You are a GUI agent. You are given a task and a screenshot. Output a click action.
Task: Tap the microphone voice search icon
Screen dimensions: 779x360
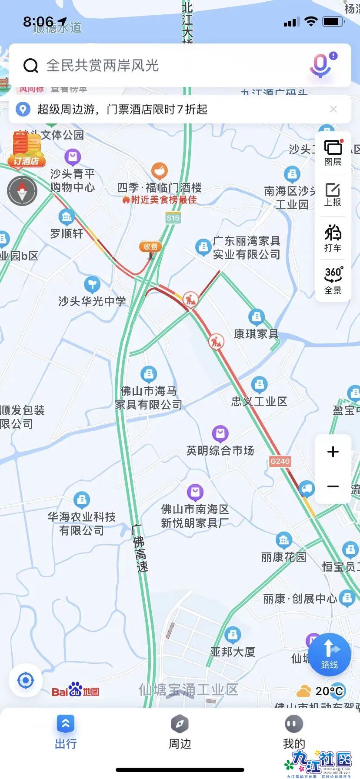coord(321,66)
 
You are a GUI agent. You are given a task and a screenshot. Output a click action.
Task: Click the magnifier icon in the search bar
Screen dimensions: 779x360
coord(31,66)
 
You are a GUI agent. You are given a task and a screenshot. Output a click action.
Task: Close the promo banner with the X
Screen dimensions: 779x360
coord(333,109)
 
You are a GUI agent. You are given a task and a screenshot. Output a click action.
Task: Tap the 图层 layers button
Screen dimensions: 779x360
coord(333,153)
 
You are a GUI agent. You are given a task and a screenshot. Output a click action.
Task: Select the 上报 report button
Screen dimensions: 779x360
coord(333,195)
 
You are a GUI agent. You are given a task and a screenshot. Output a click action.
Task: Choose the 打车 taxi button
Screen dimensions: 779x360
coord(333,238)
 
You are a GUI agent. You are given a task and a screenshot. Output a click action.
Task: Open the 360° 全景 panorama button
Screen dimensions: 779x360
coord(333,280)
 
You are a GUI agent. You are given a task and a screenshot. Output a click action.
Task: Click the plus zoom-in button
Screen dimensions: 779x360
coord(333,452)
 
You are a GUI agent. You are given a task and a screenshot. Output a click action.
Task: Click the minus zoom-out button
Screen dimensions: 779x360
coord(333,486)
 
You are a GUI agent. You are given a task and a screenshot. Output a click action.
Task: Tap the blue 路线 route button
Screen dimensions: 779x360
coord(330,654)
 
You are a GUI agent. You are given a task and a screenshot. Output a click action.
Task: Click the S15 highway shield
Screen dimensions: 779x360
coord(173,218)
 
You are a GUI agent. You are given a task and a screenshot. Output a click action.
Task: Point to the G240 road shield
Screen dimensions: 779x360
coord(280,461)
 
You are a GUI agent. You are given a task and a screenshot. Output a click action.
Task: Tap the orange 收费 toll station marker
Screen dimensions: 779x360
coord(150,247)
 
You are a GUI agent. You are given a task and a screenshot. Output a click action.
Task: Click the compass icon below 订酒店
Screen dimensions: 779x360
coord(22,191)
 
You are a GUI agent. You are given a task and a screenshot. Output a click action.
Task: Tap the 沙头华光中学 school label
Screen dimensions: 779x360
coord(92,301)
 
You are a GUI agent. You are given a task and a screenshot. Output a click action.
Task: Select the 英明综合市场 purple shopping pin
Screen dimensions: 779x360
coord(220,433)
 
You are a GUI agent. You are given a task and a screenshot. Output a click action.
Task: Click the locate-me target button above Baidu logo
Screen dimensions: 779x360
coord(26,680)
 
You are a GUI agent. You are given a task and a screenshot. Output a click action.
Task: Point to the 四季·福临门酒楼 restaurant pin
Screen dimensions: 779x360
coord(160,171)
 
